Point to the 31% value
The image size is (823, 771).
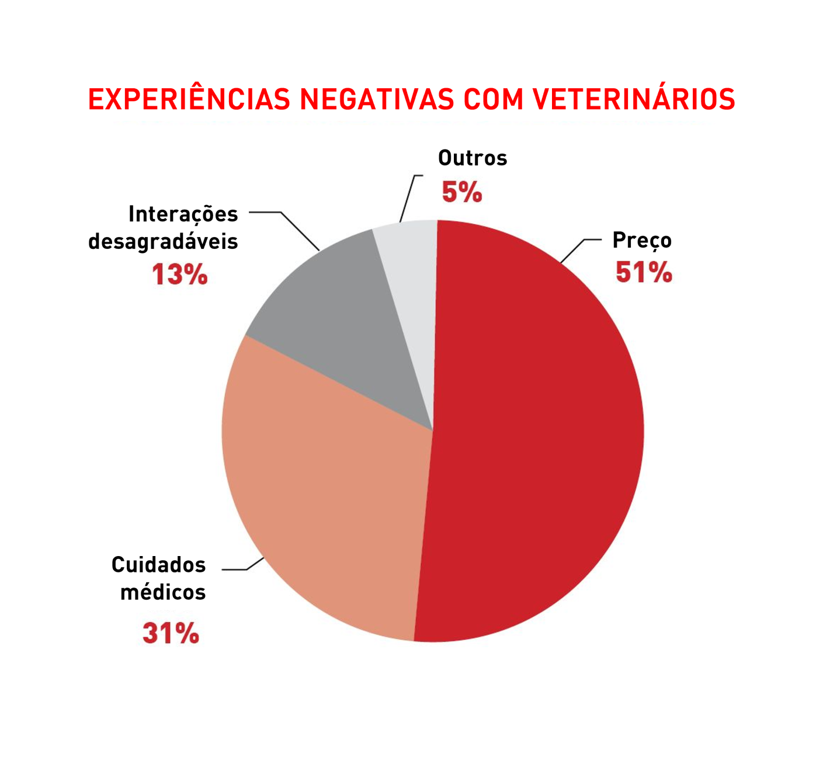click(171, 633)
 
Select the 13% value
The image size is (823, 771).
click(179, 275)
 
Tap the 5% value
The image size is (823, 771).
click(461, 192)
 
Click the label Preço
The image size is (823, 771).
click(641, 241)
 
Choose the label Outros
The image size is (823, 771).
click(473, 158)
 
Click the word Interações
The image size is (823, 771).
click(183, 214)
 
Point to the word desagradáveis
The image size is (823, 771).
click(163, 242)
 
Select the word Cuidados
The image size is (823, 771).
click(158, 565)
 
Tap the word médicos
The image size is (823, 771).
click(163, 592)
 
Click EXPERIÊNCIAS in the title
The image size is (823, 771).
click(189, 99)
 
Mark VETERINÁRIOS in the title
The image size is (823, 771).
click(634, 99)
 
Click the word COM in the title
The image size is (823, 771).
click(494, 99)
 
